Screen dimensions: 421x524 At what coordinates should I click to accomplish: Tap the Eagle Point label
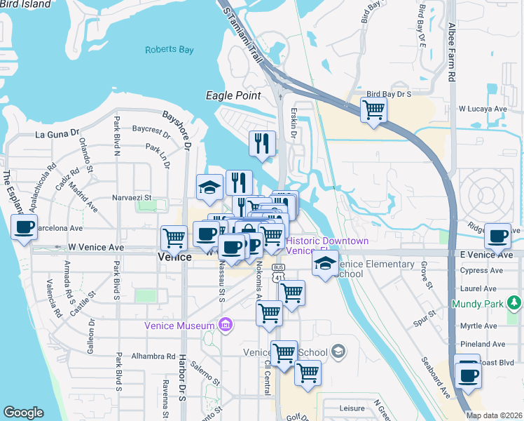[x=233, y=95]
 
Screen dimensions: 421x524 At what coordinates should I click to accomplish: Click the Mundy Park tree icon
[x=515, y=303]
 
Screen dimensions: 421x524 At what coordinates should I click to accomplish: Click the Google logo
[x=23, y=413]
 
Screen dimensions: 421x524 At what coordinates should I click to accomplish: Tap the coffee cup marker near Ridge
[x=498, y=236]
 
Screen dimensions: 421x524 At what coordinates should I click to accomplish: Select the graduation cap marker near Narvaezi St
[x=209, y=187]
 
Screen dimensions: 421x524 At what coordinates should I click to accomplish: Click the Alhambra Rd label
[x=151, y=356]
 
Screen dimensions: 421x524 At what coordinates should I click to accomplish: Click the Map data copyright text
[x=494, y=415]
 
